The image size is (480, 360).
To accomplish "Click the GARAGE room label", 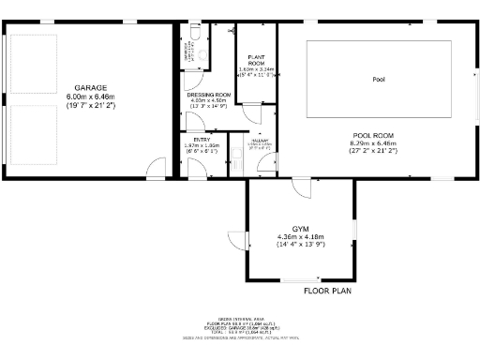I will [90, 88].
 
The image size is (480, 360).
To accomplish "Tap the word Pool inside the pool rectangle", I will [379, 79].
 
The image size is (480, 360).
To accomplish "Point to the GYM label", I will [300, 229].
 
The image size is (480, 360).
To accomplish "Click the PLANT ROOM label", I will [255, 59].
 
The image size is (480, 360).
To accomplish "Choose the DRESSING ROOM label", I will [208, 95].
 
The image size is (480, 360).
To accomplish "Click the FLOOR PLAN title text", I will [326, 291].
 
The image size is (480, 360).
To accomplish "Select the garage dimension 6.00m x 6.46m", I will [90, 96].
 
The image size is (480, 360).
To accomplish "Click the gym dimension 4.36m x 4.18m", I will [300, 236].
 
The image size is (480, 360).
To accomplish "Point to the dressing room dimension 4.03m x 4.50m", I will [208, 101].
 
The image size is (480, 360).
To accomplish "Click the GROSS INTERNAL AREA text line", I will [238, 319].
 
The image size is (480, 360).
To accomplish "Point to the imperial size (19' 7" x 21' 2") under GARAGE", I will [90, 104].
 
